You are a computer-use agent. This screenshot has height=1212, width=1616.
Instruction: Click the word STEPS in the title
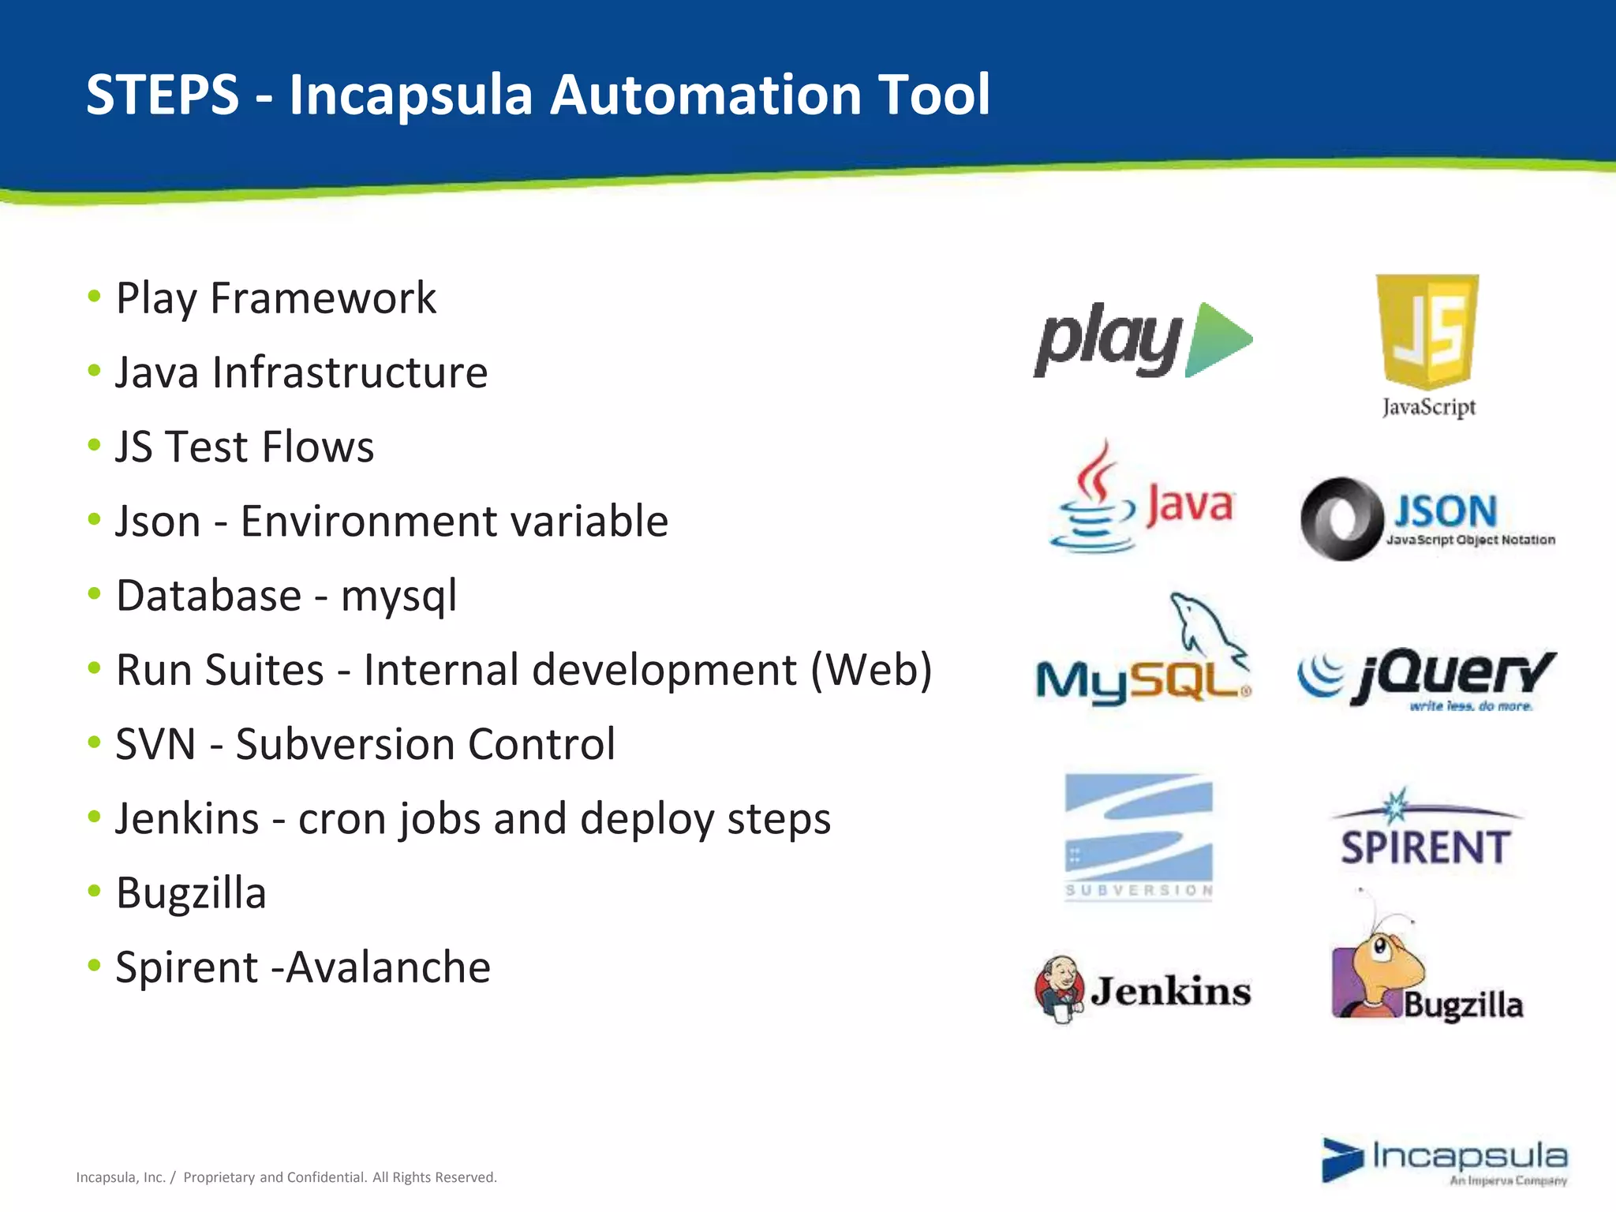tap(162, 95)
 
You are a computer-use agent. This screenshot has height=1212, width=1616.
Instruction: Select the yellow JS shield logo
tap(1427, 331)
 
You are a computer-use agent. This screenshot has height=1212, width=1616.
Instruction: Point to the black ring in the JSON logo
tap(1341, 519)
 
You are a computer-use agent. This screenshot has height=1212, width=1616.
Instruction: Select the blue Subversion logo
tap(1139, 836)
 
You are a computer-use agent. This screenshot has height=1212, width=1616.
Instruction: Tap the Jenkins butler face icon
tap(1060, 988)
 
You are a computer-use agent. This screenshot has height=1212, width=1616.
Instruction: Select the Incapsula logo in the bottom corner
tap(1444, 1160)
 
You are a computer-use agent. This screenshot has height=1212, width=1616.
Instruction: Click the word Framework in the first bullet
tap(323, 298)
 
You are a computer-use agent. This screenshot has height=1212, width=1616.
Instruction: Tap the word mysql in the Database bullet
tap(398, 596)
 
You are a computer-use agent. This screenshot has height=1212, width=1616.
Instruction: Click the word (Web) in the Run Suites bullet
tap(871, 670)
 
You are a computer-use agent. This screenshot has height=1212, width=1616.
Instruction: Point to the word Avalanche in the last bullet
tap(388, 967)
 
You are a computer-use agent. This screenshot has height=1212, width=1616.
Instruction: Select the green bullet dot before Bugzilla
tap(95, 891)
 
